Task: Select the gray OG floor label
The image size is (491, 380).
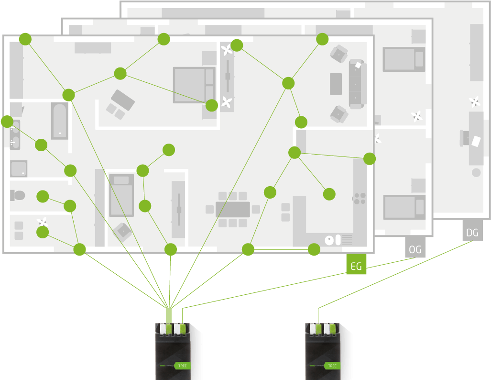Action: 415,249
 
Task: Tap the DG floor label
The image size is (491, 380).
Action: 472,233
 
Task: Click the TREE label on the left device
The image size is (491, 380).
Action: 182,366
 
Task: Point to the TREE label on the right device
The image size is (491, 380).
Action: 332,366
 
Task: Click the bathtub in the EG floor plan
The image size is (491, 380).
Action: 60,121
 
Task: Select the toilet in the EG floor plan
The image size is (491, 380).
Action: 18,195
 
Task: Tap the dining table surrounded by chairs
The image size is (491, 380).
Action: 232,209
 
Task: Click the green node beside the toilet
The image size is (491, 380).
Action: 43,196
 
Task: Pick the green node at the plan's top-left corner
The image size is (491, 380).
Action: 25,39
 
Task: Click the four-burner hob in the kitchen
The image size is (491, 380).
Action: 360,198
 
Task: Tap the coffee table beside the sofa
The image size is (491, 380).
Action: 336,84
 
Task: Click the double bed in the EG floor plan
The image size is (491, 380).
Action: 194,85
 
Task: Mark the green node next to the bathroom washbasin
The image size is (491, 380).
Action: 7,122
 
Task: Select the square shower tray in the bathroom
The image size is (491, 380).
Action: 19,168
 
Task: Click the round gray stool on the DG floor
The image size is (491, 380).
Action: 476,172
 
